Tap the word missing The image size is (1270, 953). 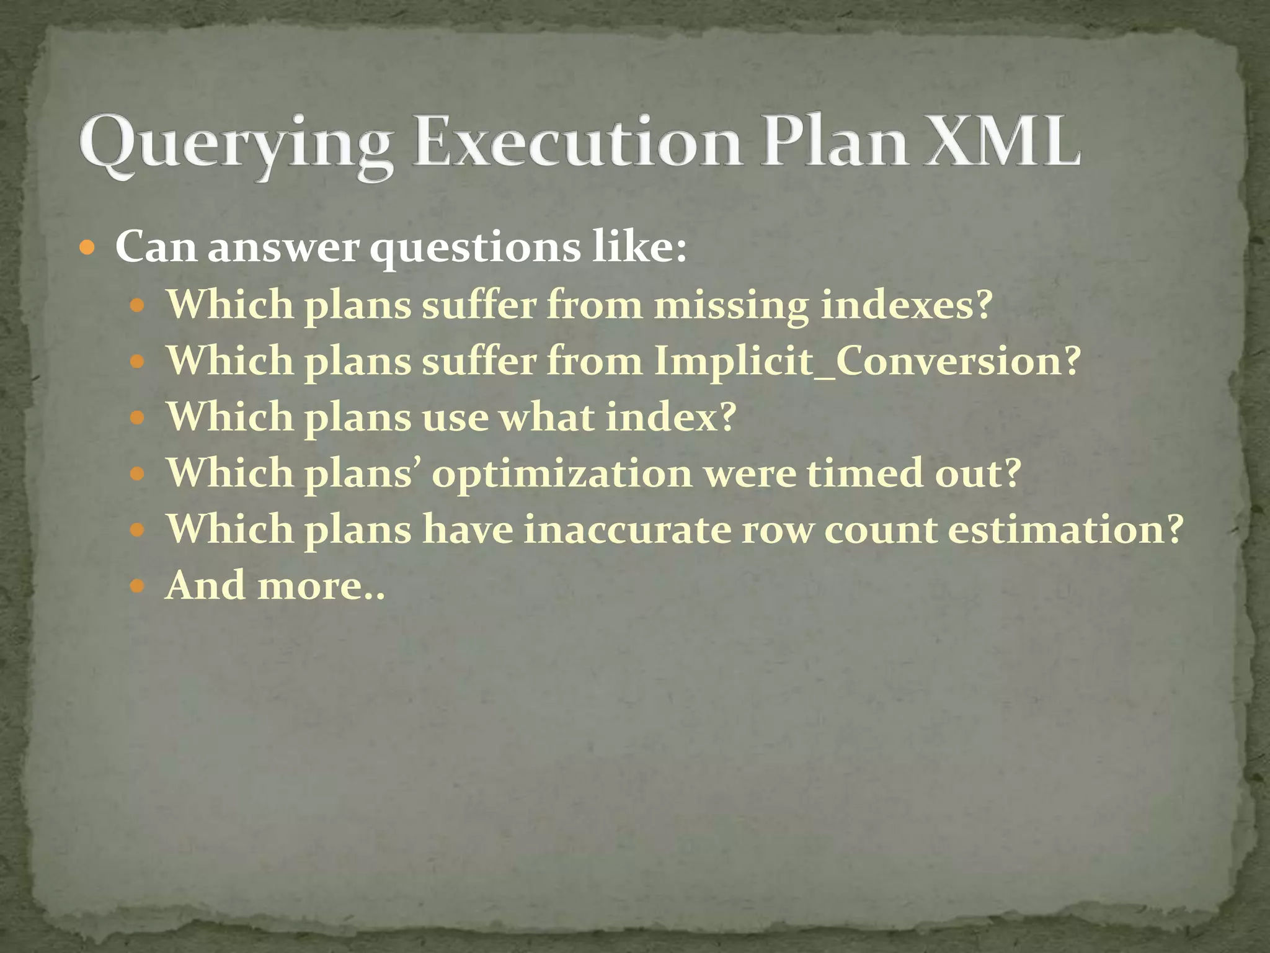(731, 306)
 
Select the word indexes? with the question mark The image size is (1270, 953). (906, 305)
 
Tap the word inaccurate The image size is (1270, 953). (627, 530)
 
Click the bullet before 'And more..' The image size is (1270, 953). (137, 586)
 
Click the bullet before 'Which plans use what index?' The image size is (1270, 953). (137, 418)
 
